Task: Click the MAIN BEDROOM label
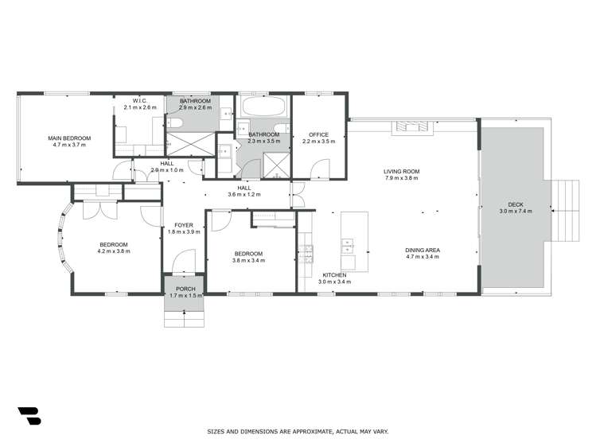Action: [72, 138]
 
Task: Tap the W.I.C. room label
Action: [140, 100]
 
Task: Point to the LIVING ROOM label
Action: [401, 171]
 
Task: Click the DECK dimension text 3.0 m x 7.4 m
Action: [515, 211]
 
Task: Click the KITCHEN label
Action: [334, 274]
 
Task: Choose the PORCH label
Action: [184, 289]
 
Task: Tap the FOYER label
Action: [184, 225]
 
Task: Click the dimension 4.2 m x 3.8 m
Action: [114, 251]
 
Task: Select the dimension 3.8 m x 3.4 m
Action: [248, 260]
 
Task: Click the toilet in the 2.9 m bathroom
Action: [174, 121]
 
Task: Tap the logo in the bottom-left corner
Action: [29, 415]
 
